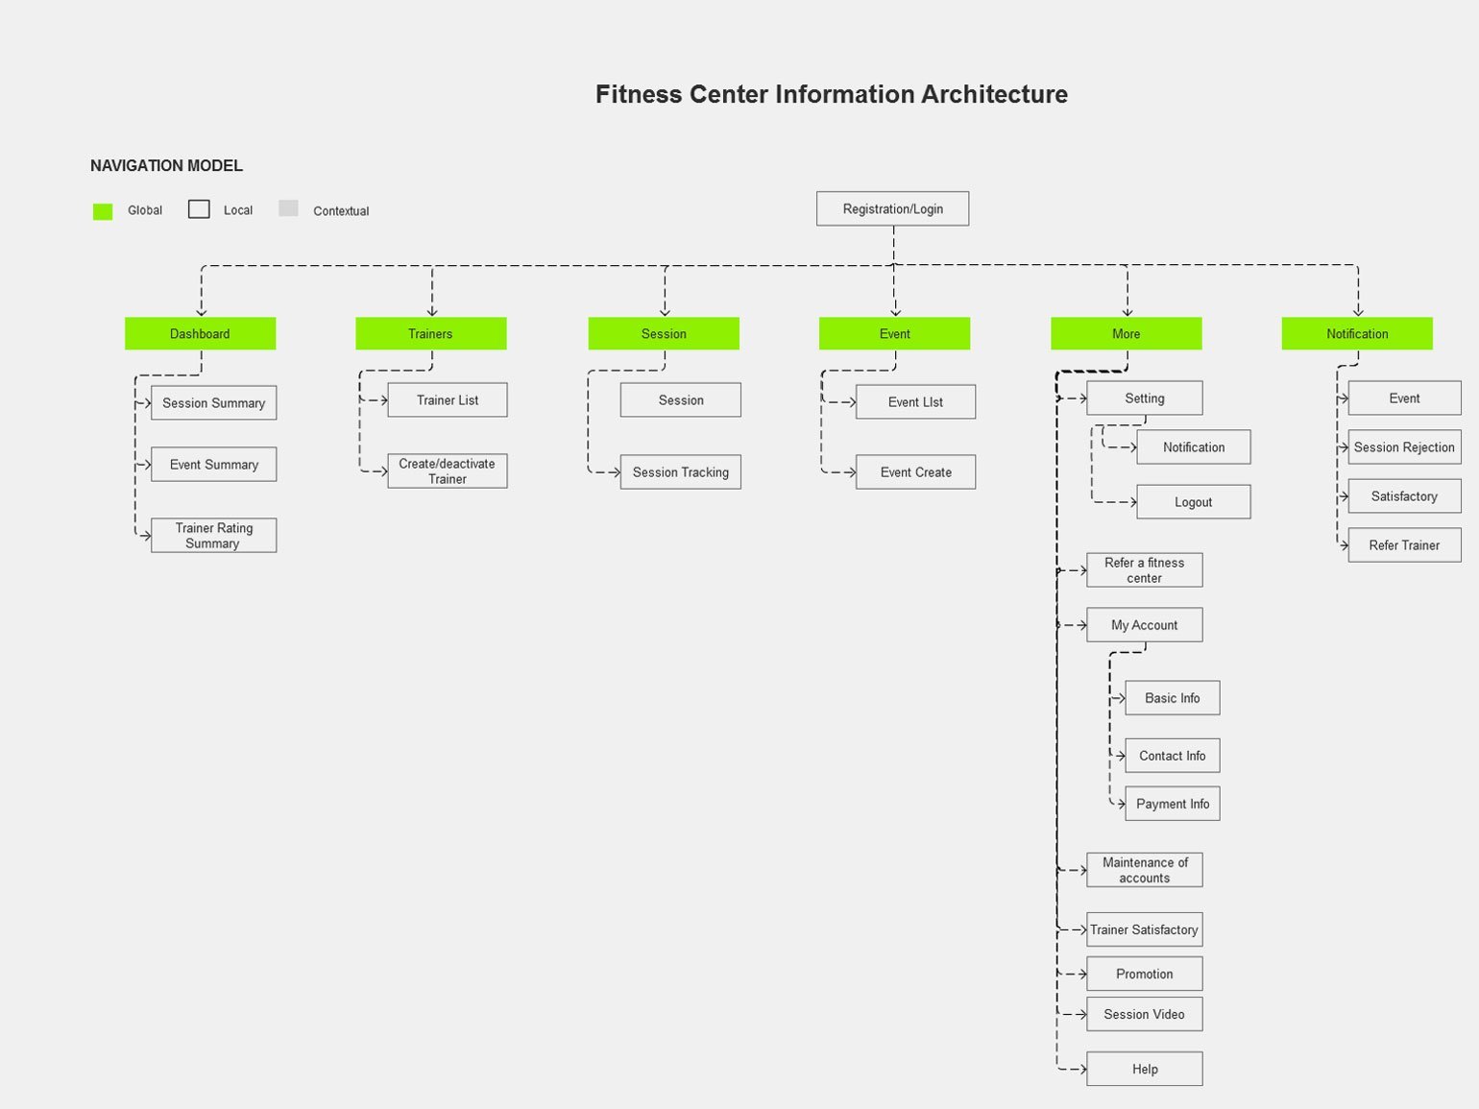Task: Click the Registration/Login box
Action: coord(892,208)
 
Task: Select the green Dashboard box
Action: coord(200,333)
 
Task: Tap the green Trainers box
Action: coord(430,333)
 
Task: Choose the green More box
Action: coord(1126,333)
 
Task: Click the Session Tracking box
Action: coord(681,472)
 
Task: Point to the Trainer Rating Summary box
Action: coord(213,536)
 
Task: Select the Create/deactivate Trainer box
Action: coord(448,470)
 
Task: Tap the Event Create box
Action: coord(915,472)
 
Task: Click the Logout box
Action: coord(1194,501)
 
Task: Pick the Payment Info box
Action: coord(1173,804)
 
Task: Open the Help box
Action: coord(1144,1069)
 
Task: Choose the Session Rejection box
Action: coord(1404,447)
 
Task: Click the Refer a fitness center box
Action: coord(1144,569)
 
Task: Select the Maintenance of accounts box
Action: coord(1144,870)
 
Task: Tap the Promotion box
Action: coord(1144,974)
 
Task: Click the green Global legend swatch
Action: coord(103,211)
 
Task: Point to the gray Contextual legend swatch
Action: coord(288,208)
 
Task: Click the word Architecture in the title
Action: coord(994,94)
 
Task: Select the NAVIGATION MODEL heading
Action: coord(166,166)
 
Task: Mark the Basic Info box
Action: coord(1173,698)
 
